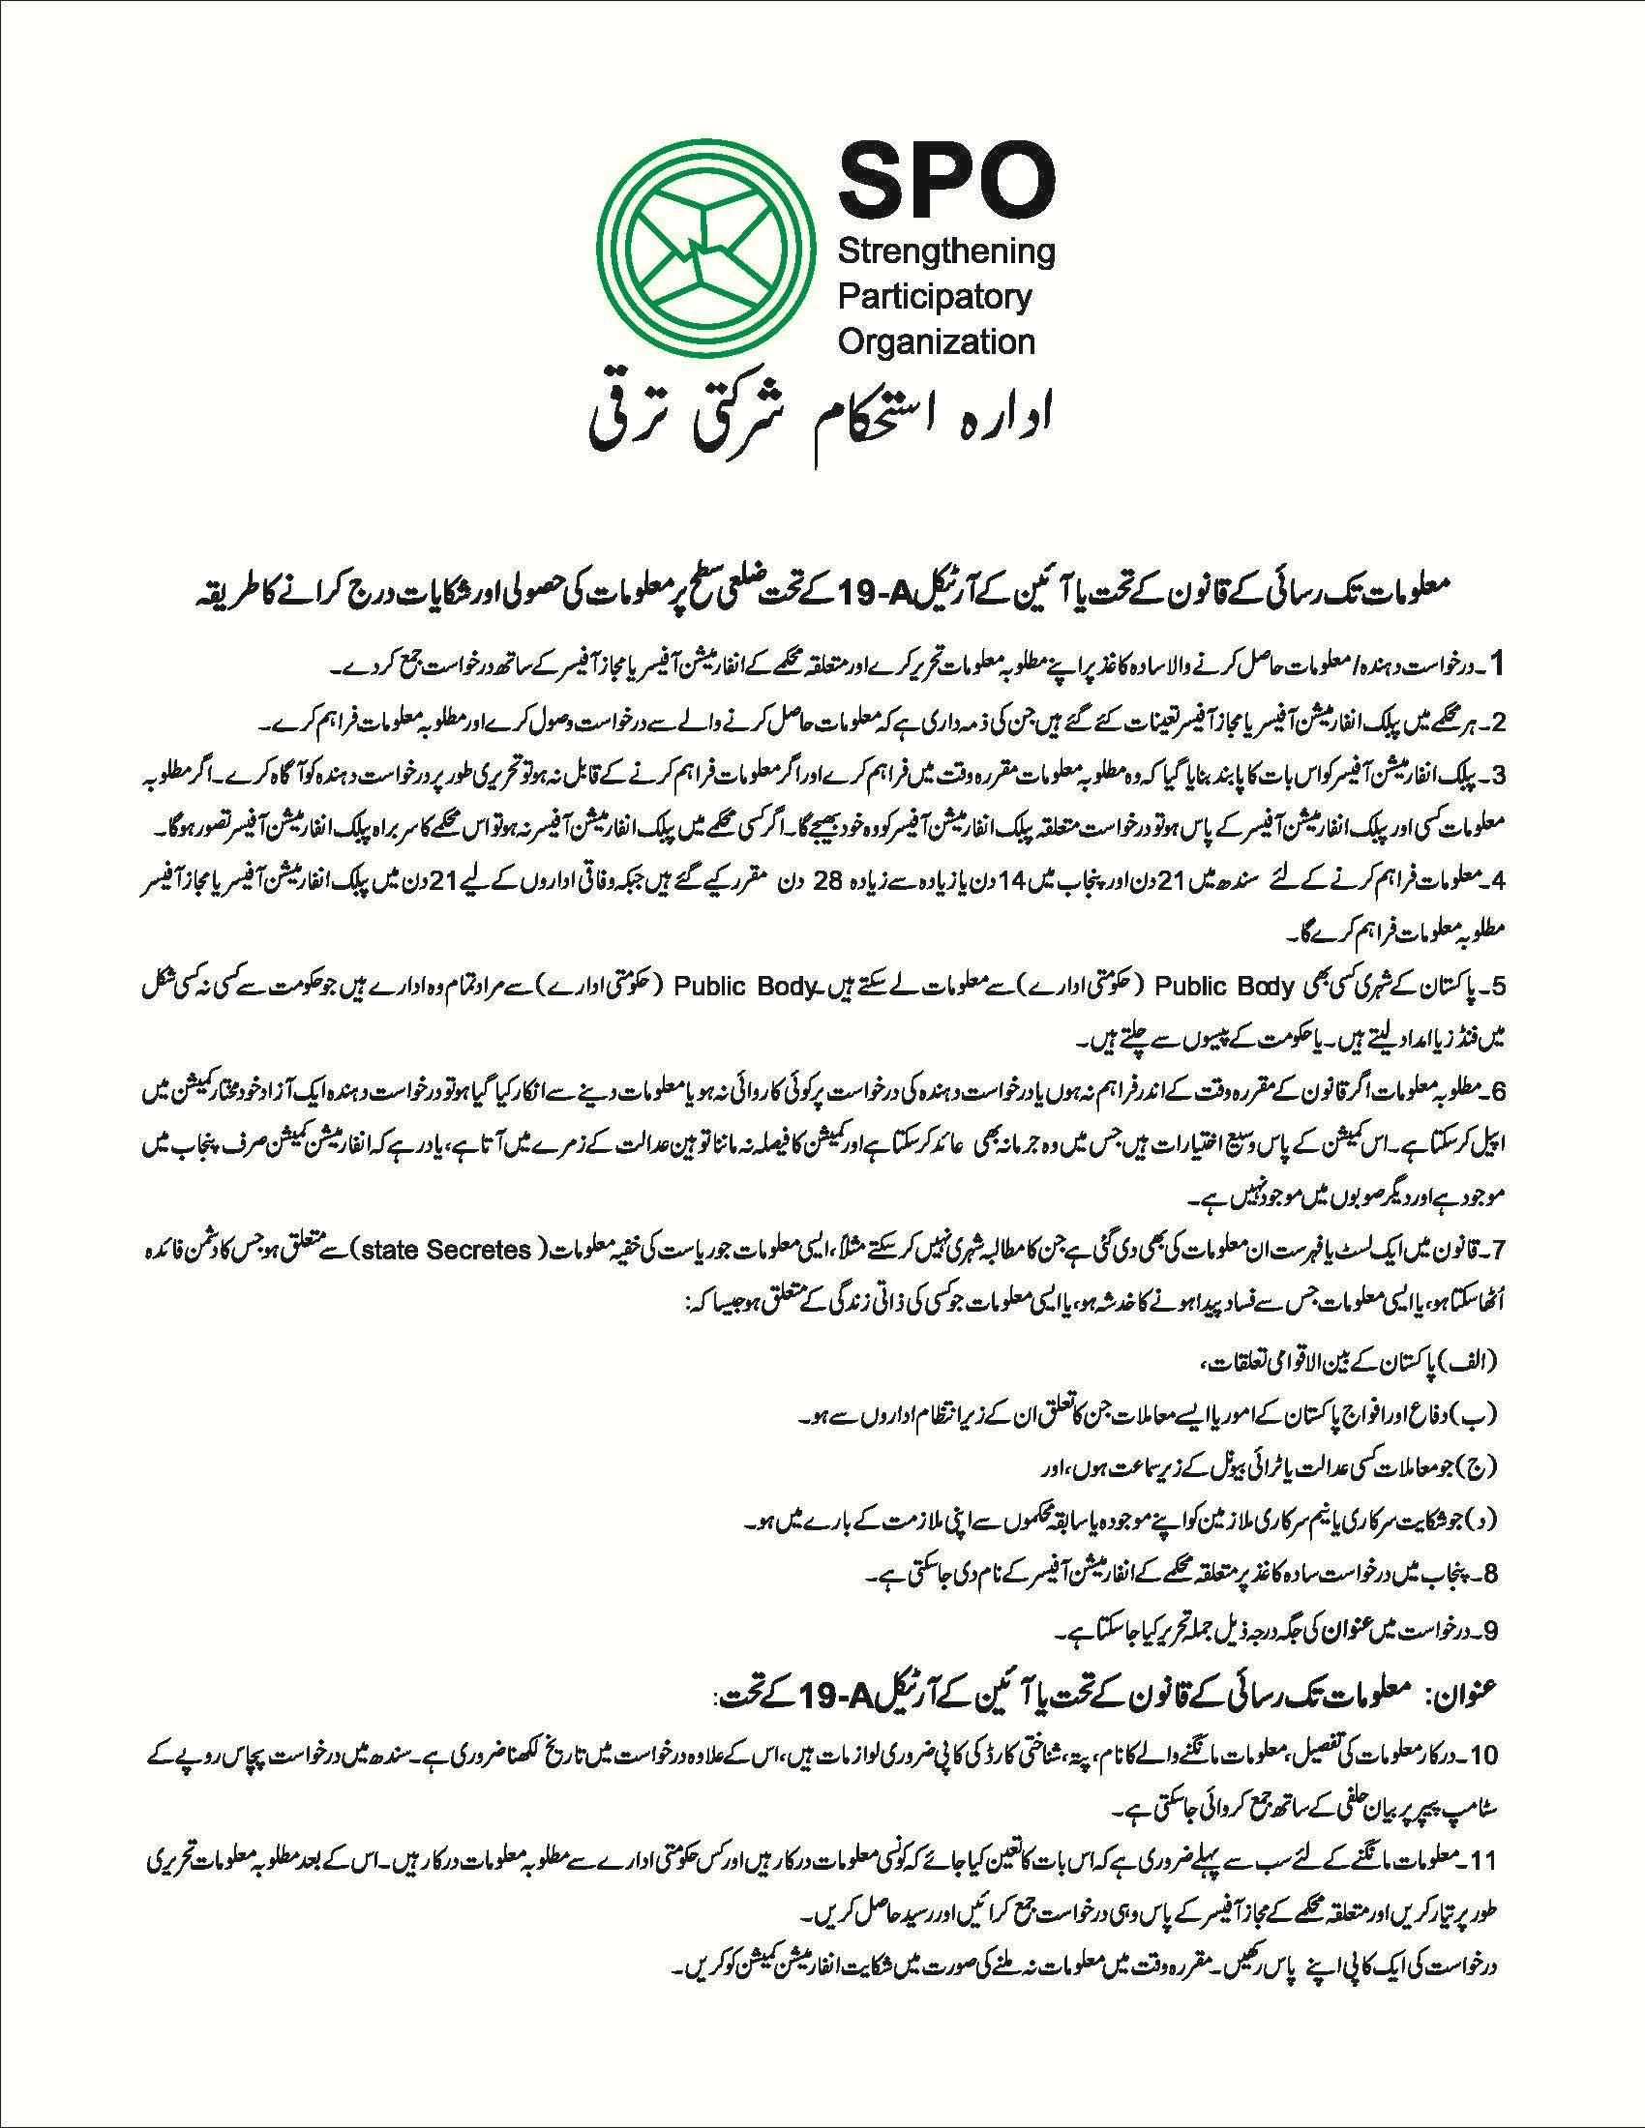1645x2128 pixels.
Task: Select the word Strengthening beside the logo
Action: click(946, 252)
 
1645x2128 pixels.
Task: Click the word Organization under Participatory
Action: click(937, 341)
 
